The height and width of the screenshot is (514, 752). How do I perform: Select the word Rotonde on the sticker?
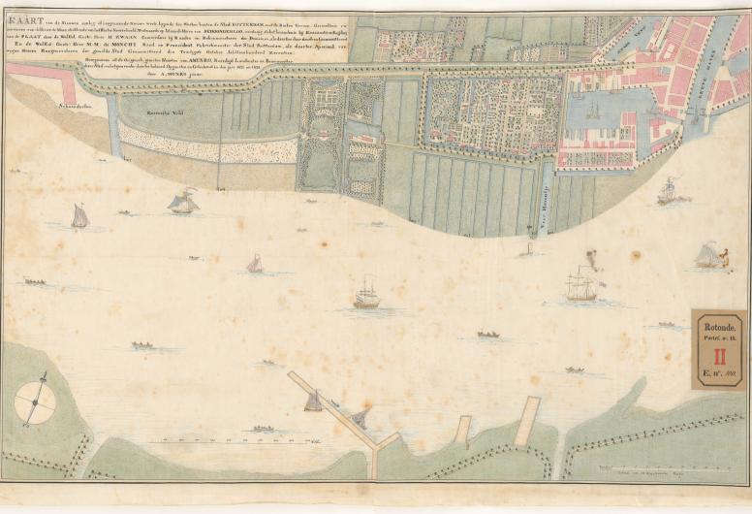pyautogui.click(x=718, y=328)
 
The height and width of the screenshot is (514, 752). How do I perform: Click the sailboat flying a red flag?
pyautogui.click(x=183, y=202)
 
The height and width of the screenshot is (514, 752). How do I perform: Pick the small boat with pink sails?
pyautogui.click(x=255, y=264)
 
